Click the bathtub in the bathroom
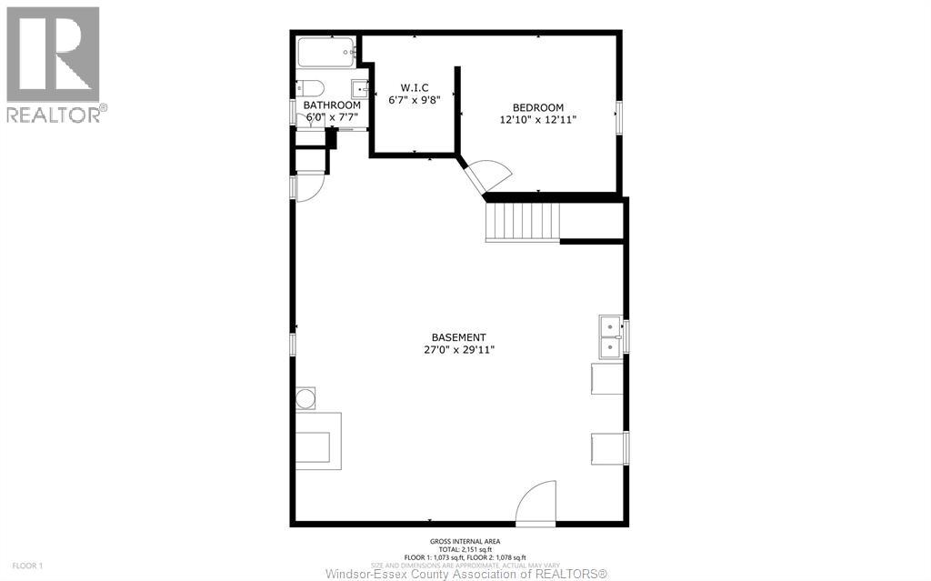click(326, 52)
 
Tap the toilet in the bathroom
click(310, 89)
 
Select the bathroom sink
click(360, 89)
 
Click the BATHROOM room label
click(332, 105)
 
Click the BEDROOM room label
click(537, 107)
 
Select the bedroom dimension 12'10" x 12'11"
click(537, 119)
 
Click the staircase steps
click(524, 221)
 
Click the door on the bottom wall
click(536, 504)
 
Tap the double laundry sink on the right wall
click(609, 336)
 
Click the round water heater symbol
click(306, 398)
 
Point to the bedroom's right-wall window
click(620, 118)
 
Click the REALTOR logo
click(54, 64)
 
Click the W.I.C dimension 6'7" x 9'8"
click(414, 100)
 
